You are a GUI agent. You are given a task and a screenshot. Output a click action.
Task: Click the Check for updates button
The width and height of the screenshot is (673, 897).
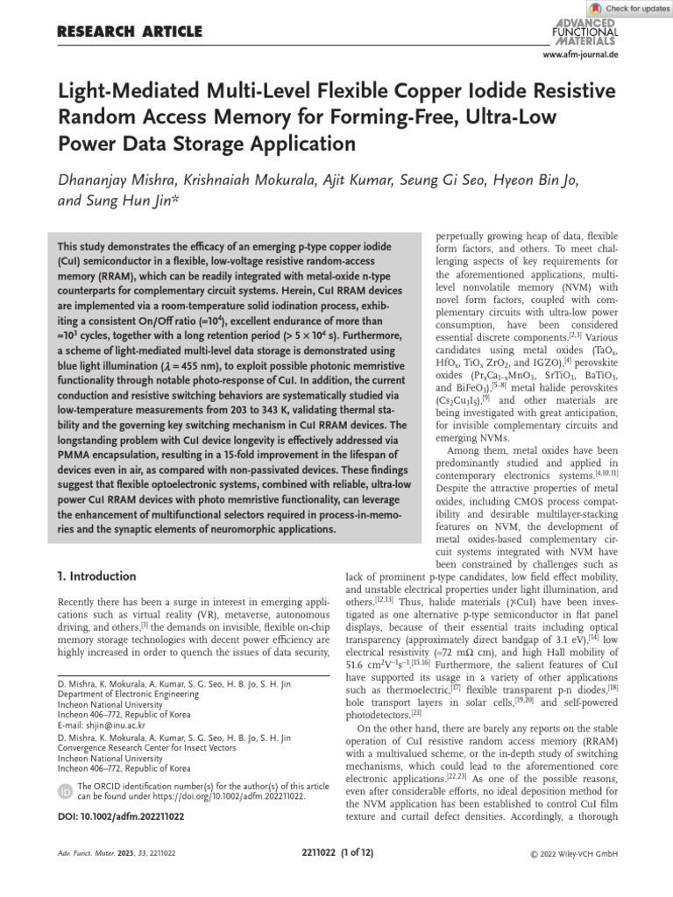(x=629, y=8)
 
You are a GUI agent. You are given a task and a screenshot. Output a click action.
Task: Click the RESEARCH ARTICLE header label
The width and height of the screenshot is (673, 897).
(x=129, y=32)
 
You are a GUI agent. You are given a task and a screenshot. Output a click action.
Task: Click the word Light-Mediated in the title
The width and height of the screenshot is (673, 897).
(x=121, y=92)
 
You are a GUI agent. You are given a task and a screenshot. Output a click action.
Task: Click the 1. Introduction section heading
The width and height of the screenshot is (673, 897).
(x=96, y=576)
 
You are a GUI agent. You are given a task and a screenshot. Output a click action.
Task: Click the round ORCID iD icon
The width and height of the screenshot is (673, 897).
(x=65, y=791)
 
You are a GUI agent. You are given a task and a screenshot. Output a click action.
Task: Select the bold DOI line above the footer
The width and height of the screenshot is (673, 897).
(x=120, y=816)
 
